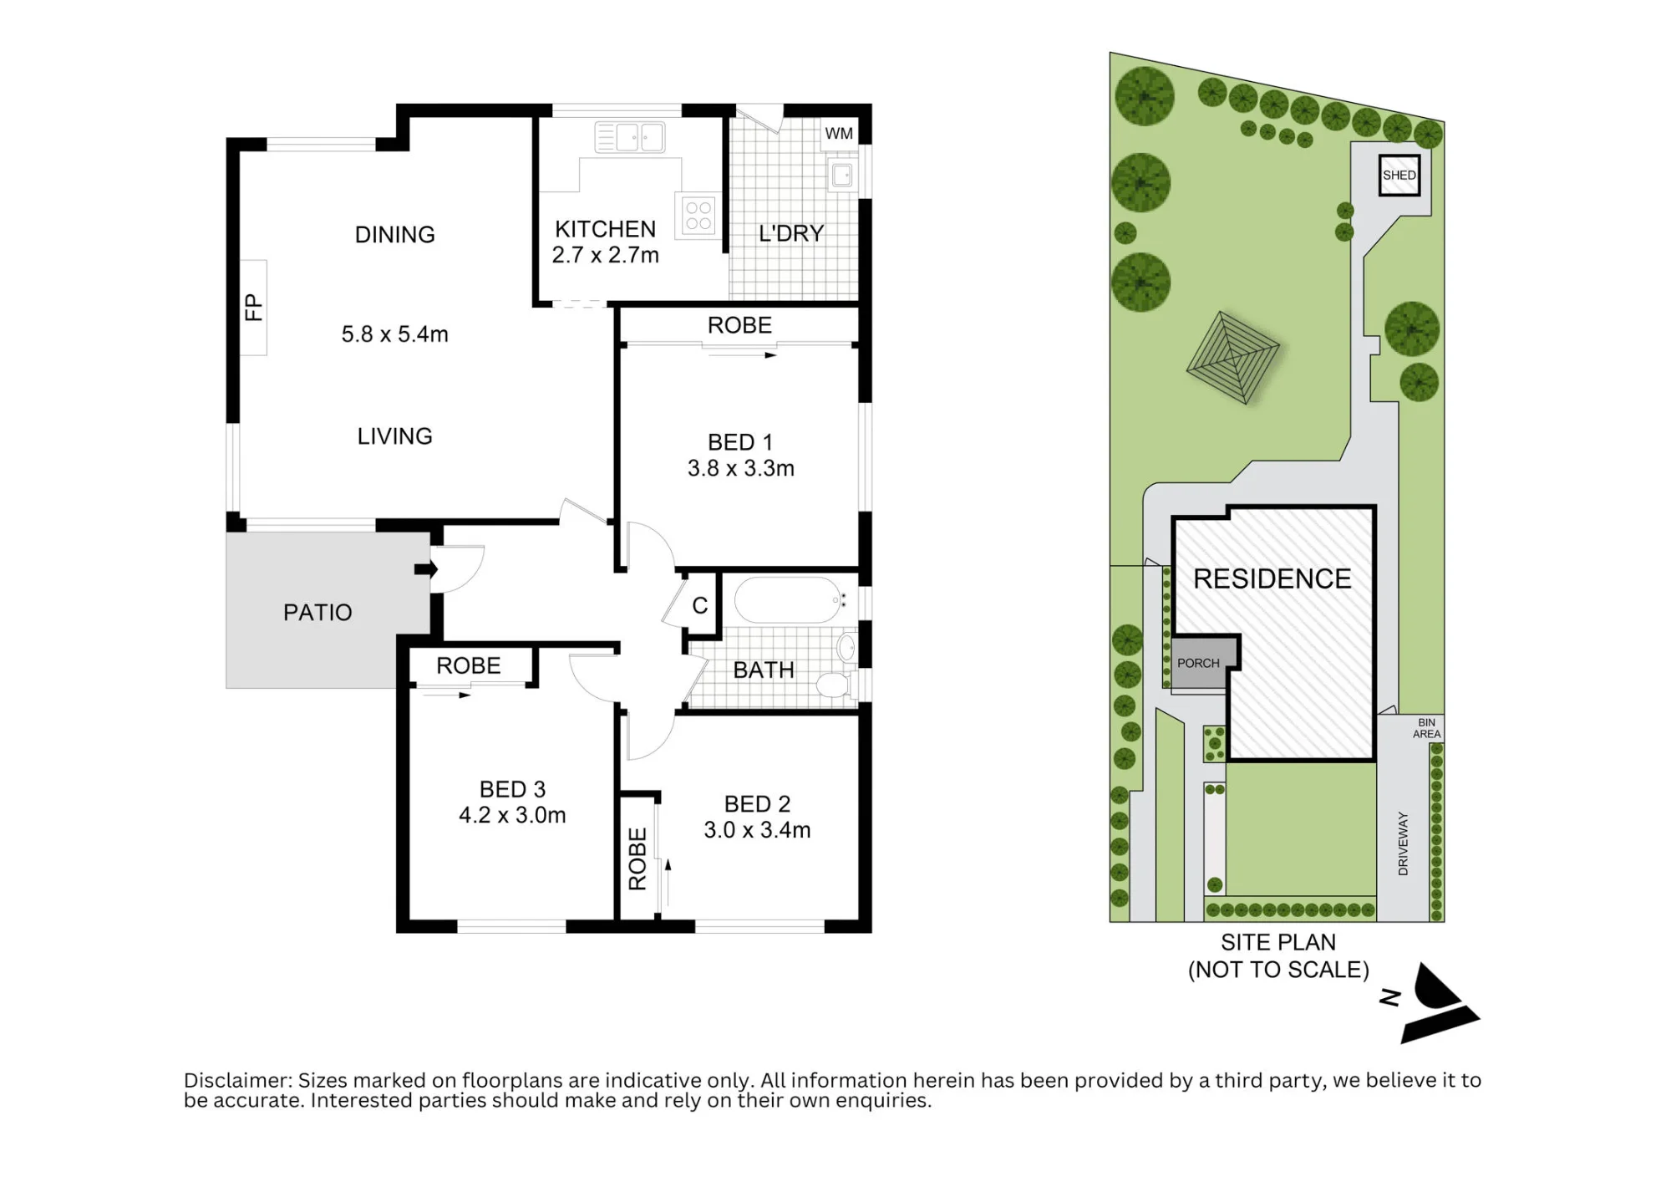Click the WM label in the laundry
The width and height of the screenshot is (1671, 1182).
pyautogui.click(x=839, y=134)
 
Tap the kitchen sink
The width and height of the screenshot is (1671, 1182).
pyautogui.click(x=630, y=137)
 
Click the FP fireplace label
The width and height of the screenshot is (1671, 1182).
pyautogui.click(x=253, y=308)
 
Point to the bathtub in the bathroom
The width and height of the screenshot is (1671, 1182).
pyautogui.click(x=790, y=600)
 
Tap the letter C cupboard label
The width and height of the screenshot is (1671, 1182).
pyautogui.click(x=700, y=605)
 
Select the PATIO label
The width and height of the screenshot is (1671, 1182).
pyautogui.click(x=317, y=613)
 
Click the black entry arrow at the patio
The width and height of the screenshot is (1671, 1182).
pyautogui.click(x=425, y=569)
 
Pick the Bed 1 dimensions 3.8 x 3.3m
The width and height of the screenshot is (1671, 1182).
pyautogui.click(x=741, y=468)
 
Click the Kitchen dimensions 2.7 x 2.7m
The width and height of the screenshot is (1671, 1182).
pyautogui.click(x=606, y=255)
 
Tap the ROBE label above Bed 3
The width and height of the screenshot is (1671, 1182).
pyautogui.click(x=469, y=665)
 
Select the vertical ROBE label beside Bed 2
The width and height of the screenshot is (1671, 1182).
pyautogui.click(x=637, y=858)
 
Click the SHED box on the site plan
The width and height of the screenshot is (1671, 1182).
pyautogui.click(x=1399, y=176)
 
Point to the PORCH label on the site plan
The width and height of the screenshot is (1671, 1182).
pyautogui.click(x=1198, y=663)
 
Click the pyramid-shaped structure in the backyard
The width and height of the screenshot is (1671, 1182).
pyautogui.click(x=1233, y=357)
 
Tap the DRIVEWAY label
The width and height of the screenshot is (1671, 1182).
pyautogui.click(x=1403, y=843)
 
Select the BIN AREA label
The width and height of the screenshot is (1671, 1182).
pyautogui.click(x=1426, y=728)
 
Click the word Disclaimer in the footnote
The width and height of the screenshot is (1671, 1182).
pyautogui.click(x=238, y=1080)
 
